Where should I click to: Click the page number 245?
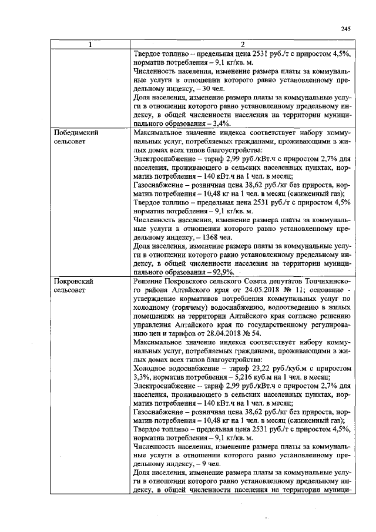click(345, 30)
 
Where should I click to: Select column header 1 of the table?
click(90, 45)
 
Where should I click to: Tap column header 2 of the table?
click(241, 45)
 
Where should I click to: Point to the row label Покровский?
click(73, 281)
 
